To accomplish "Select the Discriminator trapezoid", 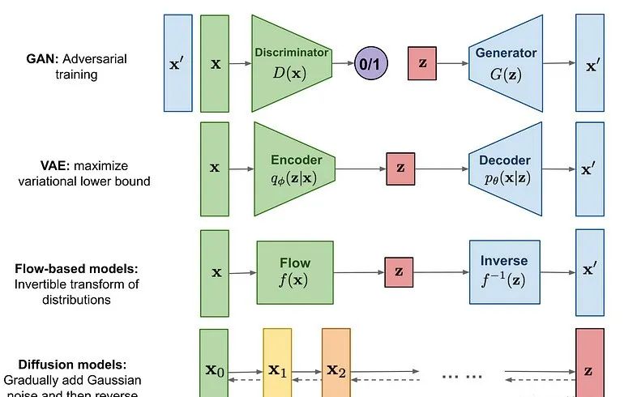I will (292, 62).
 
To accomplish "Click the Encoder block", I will (295, 169).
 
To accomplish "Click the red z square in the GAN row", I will (421, 62).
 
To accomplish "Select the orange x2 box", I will (336, 365).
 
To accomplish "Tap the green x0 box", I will (214, 365).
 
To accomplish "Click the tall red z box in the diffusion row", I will (589, 365).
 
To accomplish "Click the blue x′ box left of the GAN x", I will (177, 62).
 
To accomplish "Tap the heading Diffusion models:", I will (64, 365).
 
